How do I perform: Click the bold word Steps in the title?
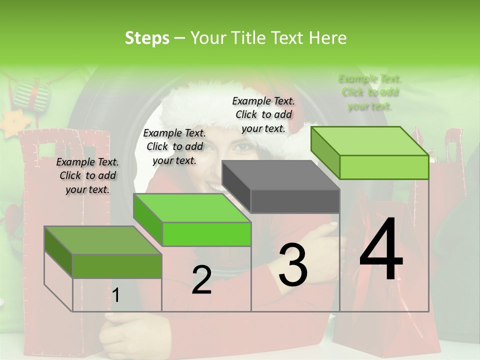[147, 38]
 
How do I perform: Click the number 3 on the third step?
[293, 265]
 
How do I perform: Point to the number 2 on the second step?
[201, 280]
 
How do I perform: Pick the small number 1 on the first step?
[116, 295]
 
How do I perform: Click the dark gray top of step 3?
[280, 175]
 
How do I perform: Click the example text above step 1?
[87, 175]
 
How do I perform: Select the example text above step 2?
[174, 146]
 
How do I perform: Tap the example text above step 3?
[263, 114]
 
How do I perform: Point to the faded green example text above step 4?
[370, 92]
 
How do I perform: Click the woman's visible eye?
[245, 148]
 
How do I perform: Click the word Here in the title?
[328, 38]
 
